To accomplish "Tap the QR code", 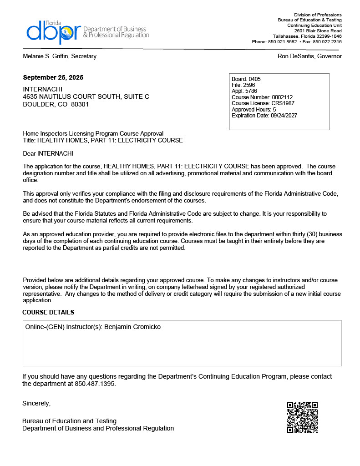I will (302, 417).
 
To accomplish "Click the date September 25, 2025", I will (53, 78).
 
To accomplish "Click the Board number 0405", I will (254, 79).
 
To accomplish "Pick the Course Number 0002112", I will (282, 97).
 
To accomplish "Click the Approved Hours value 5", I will (274, 110).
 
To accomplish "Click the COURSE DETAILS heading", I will (48, 312).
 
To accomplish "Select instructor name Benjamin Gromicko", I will (132, 327).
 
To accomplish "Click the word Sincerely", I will (36, 403).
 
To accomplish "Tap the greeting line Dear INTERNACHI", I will (48, 154).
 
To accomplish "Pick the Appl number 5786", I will (251, 91).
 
